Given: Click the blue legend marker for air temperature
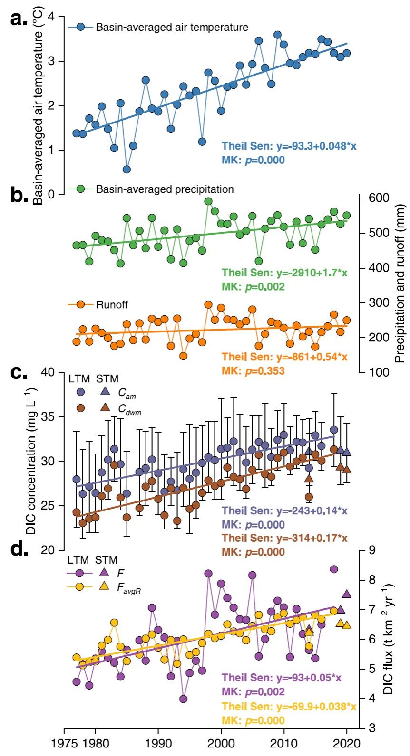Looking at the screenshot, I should (x=80, y=27).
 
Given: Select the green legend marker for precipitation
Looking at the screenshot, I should (x=80, y=189).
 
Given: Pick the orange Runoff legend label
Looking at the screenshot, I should (x=112, y=304).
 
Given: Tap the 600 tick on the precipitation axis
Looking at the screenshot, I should (x=379, y=198).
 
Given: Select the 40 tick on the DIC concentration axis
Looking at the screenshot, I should (x=48, y=372).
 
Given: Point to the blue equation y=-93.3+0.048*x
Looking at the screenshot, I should (x=284, y=146).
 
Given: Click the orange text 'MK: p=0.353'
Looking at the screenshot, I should (x=253, y=370).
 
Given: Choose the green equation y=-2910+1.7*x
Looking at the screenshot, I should (x=284, y=273).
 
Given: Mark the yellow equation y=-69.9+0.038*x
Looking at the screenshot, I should (x=289, y=707).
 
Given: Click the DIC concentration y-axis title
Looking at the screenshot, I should (x=31, y=461).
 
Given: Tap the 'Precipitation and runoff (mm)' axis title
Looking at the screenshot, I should (x=400, y=283).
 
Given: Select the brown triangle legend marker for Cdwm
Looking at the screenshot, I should (x=105, y=407).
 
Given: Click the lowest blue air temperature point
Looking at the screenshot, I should (x=127, y=169).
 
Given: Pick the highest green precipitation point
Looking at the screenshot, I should (x=208, y=201).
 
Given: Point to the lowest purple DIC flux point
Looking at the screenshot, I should (x=183, y=699).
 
